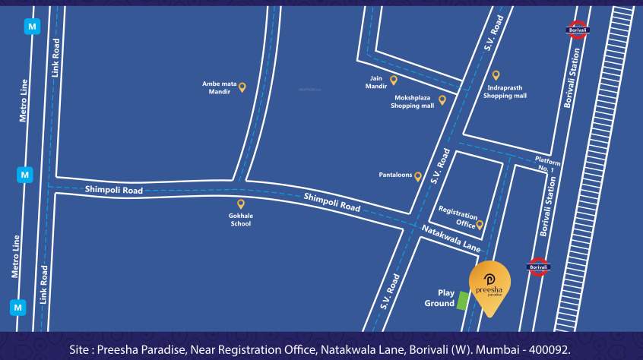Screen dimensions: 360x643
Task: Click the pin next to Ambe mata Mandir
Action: pyautogui.click(x=242, y=87)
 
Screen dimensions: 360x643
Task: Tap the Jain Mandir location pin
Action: pyautogui.click(x=394, y=80)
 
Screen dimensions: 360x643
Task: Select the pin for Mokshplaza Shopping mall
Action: pyautogui.click(x=442, y=99)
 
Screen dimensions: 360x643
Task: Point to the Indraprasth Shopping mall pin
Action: pyautogui.click(x=496, y=75)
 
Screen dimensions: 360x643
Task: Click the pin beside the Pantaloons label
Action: pyautogui.click(x=418, y=175)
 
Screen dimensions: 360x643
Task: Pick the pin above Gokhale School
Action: pyautogui.click(x=241, y=204)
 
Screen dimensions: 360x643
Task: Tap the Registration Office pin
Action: pyautogui.click(x=480, y=224)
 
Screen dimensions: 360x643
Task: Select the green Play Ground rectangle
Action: pyautogui.click(x=462, y=301)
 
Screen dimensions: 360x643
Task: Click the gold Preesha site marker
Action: pyautogui.click(x=489, y=284)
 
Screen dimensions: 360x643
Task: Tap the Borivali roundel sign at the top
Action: pyautogui.click(x=578, y=31)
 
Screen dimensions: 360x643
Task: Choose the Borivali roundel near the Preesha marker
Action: pyautogui.click(x=538, y=267)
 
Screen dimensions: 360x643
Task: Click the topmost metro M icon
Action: pyautogui.click(x=32, y=26)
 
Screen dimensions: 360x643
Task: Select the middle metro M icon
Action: pyautogui.click(x=25, y=175)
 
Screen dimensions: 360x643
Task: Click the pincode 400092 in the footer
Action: pyautogui.click(x=549, y=349)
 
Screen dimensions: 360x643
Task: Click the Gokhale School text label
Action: pyautogui.click(x=241, y=219)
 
